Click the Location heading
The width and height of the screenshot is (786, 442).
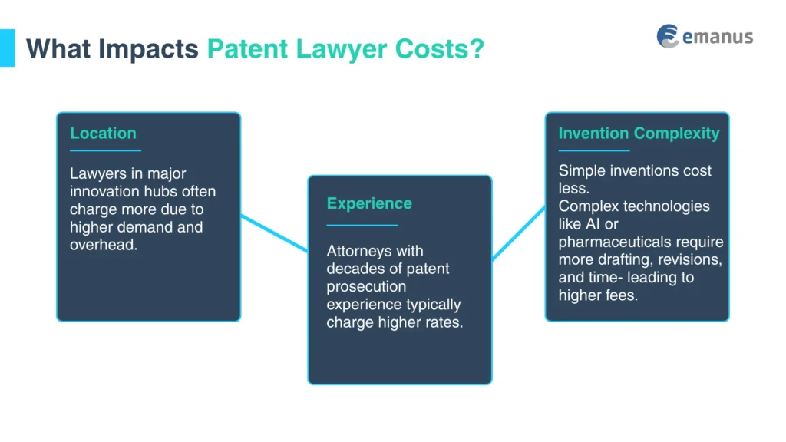click(x=103, y=133)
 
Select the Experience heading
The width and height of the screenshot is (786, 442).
click(x=369, y=203)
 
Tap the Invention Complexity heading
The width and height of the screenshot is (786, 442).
click(x=639, y=133)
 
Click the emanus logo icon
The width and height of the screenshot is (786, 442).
click(x=668, y=36)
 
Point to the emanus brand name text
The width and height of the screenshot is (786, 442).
click(x=718, y=37)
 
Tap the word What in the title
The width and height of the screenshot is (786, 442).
click(x=56, y=48)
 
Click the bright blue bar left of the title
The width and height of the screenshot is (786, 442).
click(x=7, y=48)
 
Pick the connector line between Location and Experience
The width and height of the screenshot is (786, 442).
click(x=274, y=233)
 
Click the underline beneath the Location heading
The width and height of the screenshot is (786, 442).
click(x=105, y=150)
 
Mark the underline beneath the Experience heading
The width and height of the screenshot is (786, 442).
click(x=362, y=225)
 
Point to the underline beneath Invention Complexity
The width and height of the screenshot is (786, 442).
click(x=593, y=150)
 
